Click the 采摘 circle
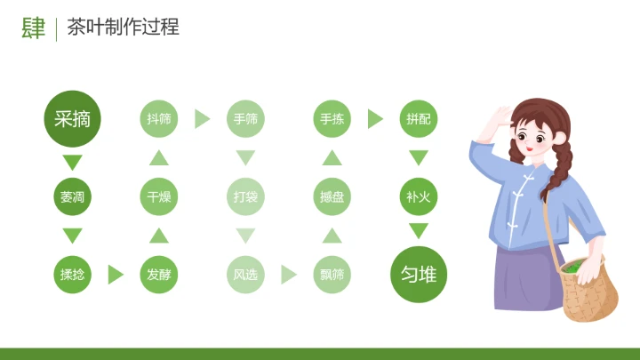point(73,118)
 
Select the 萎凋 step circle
point(73,196)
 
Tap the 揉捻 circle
point(73,275)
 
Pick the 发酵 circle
point(159,275)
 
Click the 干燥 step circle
point(159,196)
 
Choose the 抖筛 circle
point(159,118)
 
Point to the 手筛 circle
point(245,118)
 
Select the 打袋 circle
point(245,196)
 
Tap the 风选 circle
point(245,275)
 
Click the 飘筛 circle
point(332,275)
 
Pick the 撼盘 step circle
point(332,196)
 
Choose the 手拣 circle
point(332,118)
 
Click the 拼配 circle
point(419,118)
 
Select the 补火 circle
point(419,196)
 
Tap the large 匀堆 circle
point(419,275)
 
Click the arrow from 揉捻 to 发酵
point(116,275)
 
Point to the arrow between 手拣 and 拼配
point(375,118)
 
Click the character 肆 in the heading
point(34,28)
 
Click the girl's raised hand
point(500,116)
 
